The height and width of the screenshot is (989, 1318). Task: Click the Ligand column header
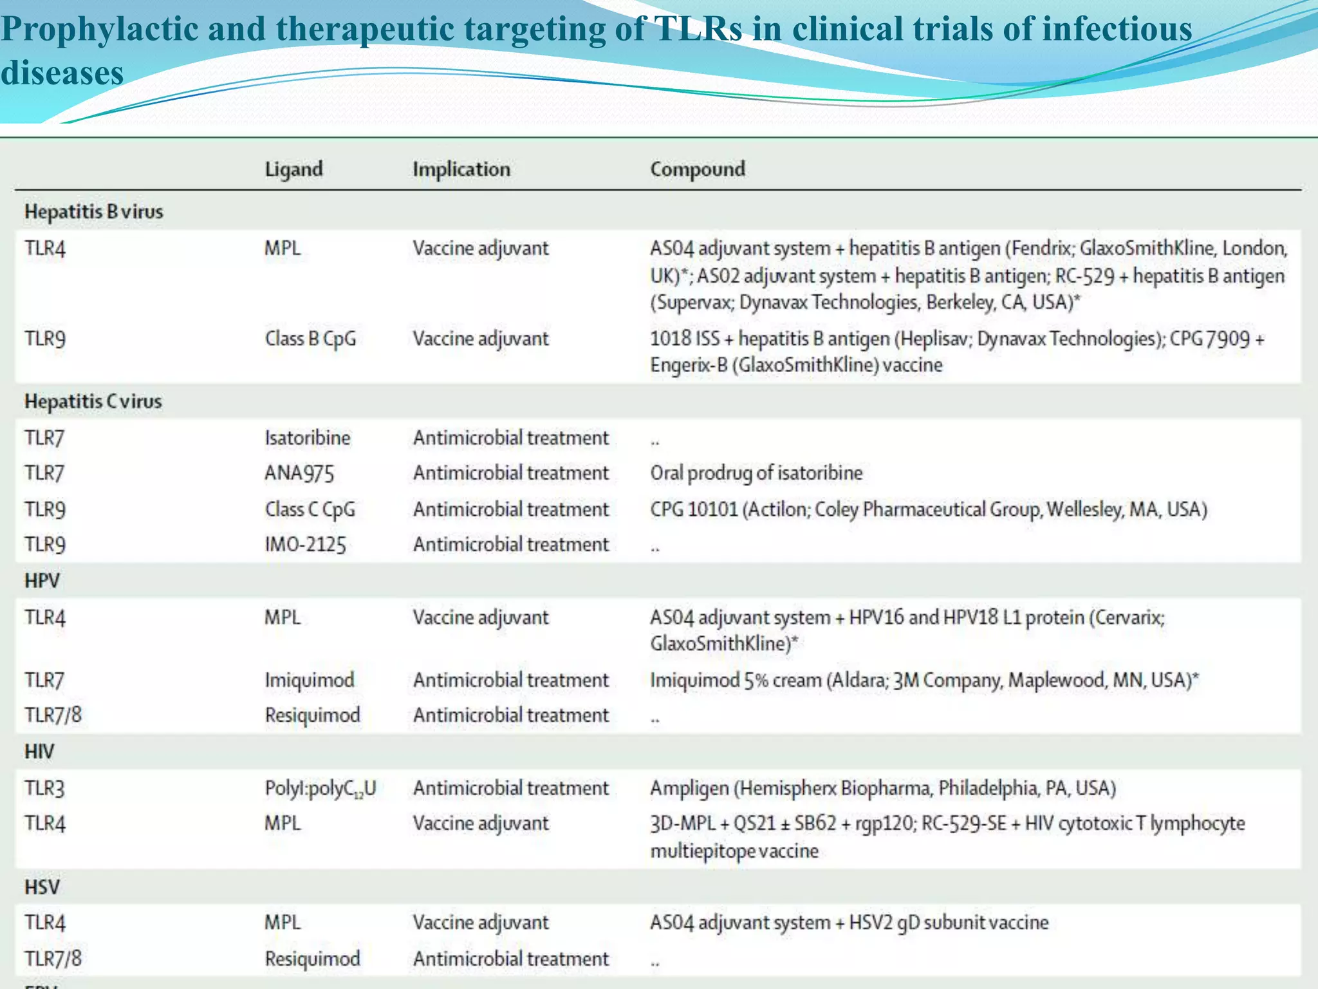293,169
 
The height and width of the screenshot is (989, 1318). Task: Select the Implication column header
461,169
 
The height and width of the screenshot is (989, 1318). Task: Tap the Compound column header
697,169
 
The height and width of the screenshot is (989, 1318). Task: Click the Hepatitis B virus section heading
94,212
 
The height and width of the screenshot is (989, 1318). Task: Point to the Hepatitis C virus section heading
93,401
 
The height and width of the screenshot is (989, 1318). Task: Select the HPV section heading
42,581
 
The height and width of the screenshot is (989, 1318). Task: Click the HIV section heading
39,751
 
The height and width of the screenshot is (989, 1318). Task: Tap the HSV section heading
42,887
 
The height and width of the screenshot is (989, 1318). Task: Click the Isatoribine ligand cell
308,438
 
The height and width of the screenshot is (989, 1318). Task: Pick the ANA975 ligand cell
299,473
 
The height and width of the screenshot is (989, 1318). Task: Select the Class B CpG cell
310,339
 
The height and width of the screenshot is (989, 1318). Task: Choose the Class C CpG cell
310,509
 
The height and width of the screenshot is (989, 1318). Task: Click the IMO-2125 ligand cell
305,545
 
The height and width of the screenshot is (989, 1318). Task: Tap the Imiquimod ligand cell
310,680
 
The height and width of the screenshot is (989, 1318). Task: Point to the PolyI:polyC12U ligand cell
320,789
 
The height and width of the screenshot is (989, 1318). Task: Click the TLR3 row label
44,789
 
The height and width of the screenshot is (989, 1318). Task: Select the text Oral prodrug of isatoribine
756,473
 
